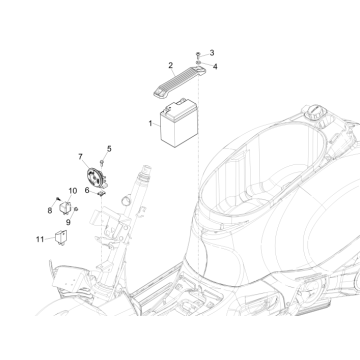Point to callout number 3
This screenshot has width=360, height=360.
[x=211, y=51]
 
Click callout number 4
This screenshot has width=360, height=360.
[x=211, y=63]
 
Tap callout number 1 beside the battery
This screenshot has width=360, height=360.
[x=149, y=123]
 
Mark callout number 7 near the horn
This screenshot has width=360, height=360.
[x=80, y=158]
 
